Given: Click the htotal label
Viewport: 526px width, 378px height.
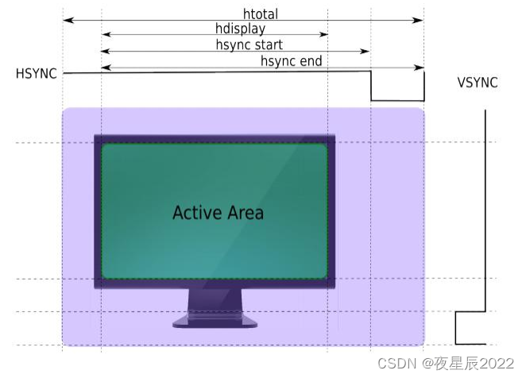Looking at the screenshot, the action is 261,13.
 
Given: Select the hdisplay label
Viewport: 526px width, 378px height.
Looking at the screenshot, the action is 240,29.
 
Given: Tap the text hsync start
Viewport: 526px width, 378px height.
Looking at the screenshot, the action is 249,45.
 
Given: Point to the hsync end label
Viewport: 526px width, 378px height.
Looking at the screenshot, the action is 291,61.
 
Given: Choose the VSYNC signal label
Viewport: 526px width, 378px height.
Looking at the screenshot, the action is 478,82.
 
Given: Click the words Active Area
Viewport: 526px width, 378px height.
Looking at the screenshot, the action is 218,213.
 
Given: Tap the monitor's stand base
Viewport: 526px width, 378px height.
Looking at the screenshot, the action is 215,322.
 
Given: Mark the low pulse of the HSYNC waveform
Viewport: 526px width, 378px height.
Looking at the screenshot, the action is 397,101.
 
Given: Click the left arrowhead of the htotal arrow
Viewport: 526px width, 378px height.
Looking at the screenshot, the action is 66,20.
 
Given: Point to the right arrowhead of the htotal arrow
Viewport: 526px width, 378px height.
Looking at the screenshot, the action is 420,20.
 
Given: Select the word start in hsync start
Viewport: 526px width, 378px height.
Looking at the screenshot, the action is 268,45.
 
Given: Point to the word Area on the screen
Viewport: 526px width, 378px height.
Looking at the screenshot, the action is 244,213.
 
